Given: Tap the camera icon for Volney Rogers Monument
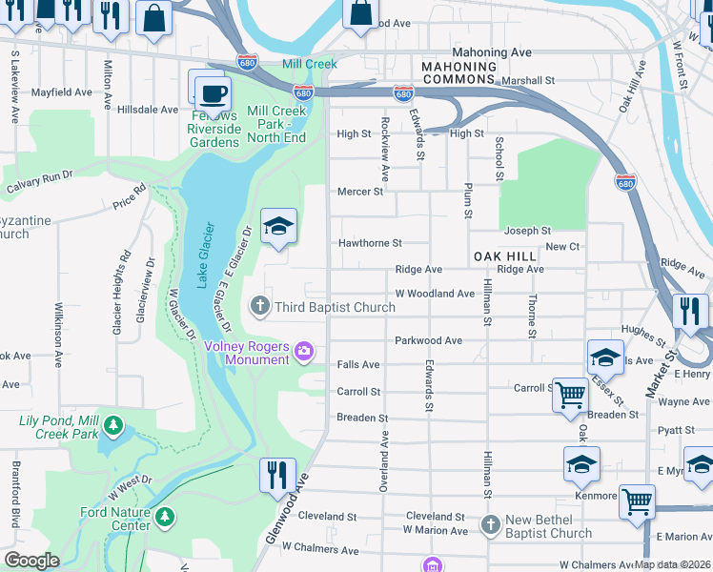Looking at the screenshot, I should click(x=304, y=352).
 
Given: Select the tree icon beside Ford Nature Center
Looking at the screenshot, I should click(x=166, y=517).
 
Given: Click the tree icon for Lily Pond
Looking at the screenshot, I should click(x=113, y=424).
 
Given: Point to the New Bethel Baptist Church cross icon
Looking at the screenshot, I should click(x=490, y=524).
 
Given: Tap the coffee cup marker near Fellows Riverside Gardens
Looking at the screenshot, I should click(x=213, y=93).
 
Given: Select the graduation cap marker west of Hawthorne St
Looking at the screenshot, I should click(x=278, y=226).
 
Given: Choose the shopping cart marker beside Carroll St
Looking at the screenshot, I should click(x=570, y=394).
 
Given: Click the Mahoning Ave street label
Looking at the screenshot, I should click(x=491, y=53).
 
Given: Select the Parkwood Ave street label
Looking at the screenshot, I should click(x=428, y=340).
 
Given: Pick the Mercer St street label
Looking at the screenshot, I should click(x=359, y=192).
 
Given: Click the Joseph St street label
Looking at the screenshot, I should click(x=527, y=231).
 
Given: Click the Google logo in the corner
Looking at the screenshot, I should click(x=31, y=561).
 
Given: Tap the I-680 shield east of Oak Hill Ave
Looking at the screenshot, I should click(x=625, y=181).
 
